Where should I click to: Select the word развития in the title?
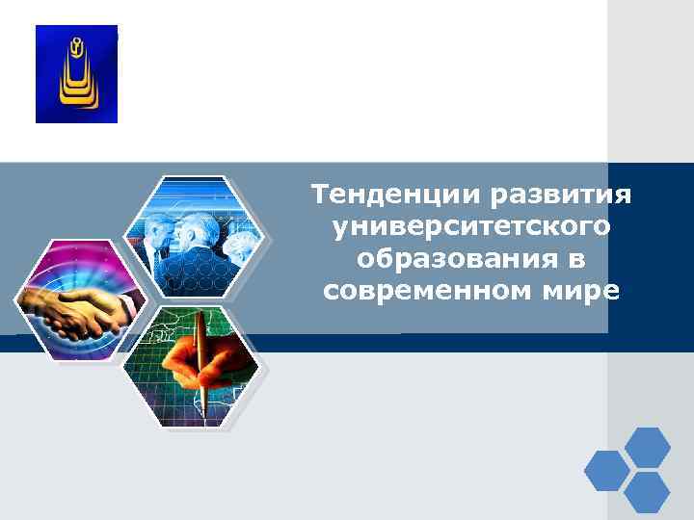pos(561,195)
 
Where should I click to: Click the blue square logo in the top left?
pos(76,74)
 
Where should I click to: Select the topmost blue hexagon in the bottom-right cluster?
pos(647,448)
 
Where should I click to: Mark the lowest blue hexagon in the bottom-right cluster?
pos(647,492)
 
